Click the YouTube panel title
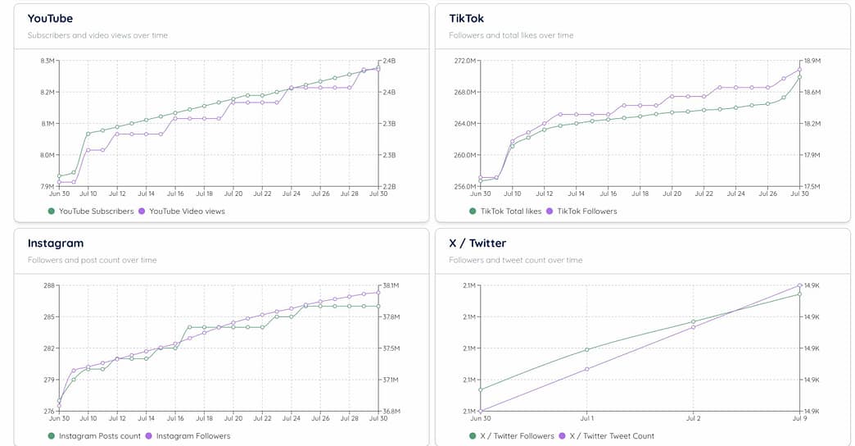50,18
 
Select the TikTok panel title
466,18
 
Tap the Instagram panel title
56,243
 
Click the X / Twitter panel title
477,243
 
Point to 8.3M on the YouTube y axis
47,61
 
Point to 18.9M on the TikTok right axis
812,61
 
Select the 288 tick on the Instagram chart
48,285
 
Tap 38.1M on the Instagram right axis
391,285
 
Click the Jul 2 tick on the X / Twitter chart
693,418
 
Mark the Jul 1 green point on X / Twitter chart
587,350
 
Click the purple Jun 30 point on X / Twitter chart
481,411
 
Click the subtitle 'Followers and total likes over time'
511,35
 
